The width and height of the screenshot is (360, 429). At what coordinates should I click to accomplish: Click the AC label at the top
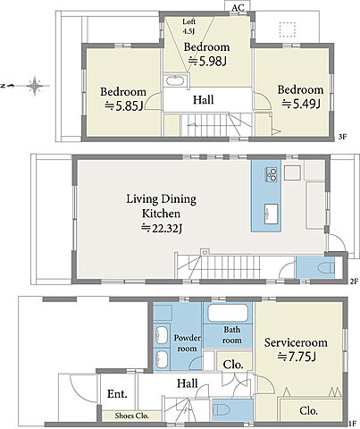tap(238, 8)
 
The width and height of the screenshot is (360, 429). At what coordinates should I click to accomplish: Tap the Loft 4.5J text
tap(188, 26)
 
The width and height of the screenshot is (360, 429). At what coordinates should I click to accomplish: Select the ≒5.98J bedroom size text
tap(207, 62)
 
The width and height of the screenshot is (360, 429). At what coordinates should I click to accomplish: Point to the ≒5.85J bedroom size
tap(123, 106)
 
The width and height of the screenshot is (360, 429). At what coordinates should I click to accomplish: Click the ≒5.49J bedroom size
tap(301, 104)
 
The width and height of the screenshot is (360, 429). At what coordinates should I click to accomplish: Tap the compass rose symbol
tap(35, 86)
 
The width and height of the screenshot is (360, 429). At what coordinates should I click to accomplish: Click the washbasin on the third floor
tap(174, 80)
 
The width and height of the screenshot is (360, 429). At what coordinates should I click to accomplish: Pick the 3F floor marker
tap(343, 137)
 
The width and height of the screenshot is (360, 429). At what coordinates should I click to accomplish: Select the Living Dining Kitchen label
tap(162, 206)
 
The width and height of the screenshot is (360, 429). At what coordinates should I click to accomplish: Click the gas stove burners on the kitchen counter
tap(272, 174)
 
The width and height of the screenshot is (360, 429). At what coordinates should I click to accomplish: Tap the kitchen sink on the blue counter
tap(271, 214)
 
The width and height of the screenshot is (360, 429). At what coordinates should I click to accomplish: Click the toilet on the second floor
tap(326, 268)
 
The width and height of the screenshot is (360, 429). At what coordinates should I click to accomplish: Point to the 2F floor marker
tap(354, 281)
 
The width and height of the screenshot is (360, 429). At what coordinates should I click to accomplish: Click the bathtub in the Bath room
tap(228, 313)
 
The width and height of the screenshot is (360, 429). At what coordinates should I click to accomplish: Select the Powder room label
tap(187, 343)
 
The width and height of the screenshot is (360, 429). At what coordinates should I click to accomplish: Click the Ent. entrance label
tap(117, 394)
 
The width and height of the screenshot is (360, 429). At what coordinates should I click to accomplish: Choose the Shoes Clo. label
tap(132, 416)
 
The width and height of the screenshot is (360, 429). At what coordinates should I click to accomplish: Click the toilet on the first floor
tap(221, 410)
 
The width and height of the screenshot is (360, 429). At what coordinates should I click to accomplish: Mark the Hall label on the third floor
tap(204, 99)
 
